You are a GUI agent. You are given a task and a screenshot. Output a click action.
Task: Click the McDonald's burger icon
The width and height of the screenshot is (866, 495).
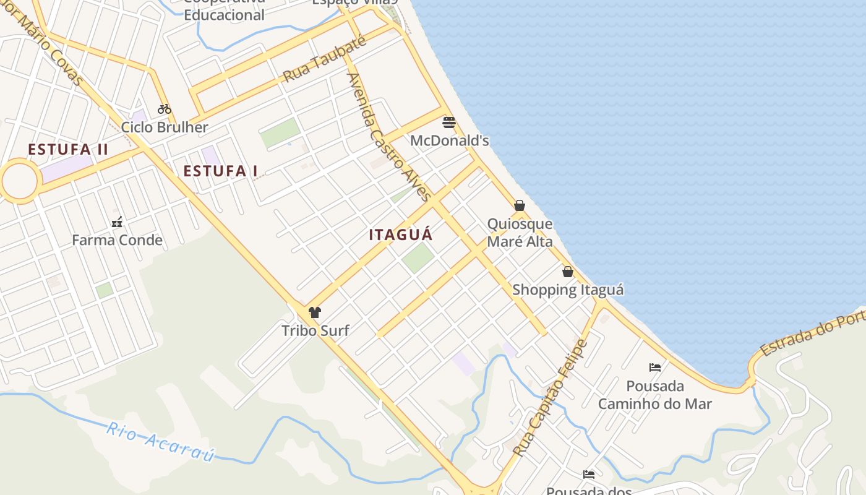(x=449, y=123)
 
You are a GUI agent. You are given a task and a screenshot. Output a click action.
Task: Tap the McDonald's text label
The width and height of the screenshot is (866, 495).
(x=450, y=141)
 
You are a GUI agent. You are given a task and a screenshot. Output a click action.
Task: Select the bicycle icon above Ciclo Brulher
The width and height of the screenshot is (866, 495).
(x=164, y=109)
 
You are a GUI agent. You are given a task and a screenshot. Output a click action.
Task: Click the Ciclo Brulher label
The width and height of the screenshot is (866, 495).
(x=165, y=127)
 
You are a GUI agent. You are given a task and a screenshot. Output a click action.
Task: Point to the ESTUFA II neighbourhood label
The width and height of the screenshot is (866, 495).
(x=68, y=150)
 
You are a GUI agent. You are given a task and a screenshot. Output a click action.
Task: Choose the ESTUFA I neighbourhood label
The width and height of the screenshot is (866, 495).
(x=220, y=171)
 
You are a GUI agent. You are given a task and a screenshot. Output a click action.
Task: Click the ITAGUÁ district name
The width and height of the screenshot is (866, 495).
(x=401, y=235)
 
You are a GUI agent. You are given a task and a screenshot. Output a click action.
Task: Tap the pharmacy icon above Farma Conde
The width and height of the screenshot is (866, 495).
(x=117, y=222)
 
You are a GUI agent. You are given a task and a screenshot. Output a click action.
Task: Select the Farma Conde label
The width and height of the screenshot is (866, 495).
(x=118, y=240)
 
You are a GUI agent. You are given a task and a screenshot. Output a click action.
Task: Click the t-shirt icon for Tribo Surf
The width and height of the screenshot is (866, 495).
(x=315, y=312)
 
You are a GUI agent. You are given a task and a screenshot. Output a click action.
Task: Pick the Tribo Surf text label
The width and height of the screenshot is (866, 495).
(x=315, y=330)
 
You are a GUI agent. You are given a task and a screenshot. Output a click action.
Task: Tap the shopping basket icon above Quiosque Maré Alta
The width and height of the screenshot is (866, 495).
(x=520, y=205)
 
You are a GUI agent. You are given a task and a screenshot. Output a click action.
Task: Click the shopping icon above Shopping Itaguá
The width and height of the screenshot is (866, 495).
(x=568, y=272)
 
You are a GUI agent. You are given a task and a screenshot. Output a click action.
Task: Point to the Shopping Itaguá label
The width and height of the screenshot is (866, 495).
(x=568, y=290)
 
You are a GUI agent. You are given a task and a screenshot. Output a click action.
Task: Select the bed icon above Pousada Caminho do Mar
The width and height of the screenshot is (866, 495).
(x=655, y=368)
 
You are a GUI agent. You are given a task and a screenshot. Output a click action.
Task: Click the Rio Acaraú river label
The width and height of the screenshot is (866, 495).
(x=160, y=442)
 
